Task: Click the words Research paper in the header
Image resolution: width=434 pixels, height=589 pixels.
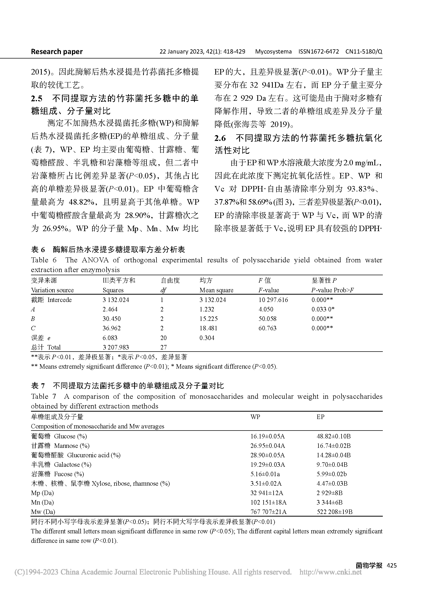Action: pos(57,51)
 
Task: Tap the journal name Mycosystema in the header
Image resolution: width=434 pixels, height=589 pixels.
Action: pos(273,51)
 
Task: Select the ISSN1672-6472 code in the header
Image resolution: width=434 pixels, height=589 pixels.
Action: pos(318,51)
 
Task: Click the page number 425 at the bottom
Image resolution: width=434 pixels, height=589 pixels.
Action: pos(391,565)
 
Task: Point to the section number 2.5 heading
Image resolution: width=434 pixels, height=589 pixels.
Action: pos(36,99)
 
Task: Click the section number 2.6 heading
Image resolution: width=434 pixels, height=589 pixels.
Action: pos(220,138)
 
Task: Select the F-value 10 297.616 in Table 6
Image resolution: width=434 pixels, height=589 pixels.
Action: pos(273,300)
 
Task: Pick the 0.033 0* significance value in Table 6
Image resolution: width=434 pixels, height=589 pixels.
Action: pos(323,309)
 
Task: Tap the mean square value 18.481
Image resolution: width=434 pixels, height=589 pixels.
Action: pos(208,328)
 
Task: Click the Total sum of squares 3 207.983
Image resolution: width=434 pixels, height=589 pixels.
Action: pos(116,347)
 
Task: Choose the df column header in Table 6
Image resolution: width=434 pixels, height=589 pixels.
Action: pos(163,290)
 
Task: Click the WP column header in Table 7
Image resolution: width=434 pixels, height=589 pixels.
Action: pos(255,417)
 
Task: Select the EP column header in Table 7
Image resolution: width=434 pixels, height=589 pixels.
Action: pos(320,417)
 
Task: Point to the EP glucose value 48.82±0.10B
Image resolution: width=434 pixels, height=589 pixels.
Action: pos(333,436)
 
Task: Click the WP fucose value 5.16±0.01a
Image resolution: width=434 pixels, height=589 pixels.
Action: pos(265,474)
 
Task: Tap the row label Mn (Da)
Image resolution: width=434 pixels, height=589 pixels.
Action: pos(42,502)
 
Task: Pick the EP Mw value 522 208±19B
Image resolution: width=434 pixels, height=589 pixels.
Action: pos(334,512)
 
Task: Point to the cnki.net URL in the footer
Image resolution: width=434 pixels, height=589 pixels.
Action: pos(331,572)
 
